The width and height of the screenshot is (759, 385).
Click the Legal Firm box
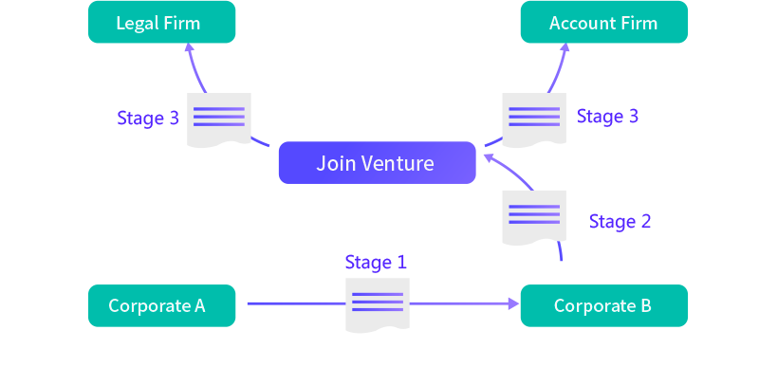pyautogui.click(x=161, y=23)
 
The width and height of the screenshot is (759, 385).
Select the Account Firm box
pyautogui.click(x=603, y=23)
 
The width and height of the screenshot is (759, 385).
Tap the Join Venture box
pyautogui.click(x=377, y=163)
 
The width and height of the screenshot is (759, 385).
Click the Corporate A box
pyautogui.click(x=161, y=305)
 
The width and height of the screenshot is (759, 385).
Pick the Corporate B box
pyautogui.click(x=603, y=305)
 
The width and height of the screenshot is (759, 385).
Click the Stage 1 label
pyautogui.click(x=376, y=262)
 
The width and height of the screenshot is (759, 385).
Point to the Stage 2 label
pyautogui.click(x=620, y=222)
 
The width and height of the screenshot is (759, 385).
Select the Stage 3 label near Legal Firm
pyautogui.click(x=148, y=119)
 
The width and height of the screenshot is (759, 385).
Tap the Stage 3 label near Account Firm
pyautogui.click(x=607, y=117)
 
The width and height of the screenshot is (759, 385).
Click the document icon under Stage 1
pyautogui.click(x=377, y=304)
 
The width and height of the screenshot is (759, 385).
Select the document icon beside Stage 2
pyautogui.click(x=533, y=217)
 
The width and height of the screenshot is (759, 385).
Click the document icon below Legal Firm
pyautogui.click(x=218, y=119)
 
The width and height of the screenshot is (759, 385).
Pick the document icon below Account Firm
pyautogui.click(x=533, y=119)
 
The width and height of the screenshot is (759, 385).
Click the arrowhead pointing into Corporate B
pyautogui.click(x=514, y=304)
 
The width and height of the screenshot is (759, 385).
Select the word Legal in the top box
pyautogui.click(x=136, y=23)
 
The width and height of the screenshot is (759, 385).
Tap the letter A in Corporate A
pyautogui.click(x=199, y=305)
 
